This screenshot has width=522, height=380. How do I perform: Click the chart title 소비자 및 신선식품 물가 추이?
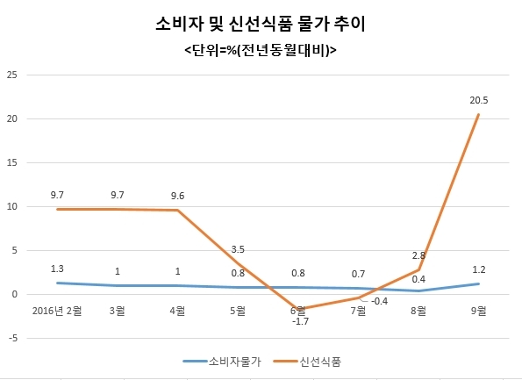coord(261,24)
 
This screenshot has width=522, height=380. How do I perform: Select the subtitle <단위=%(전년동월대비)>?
coord(261,50)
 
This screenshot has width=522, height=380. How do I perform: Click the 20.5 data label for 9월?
coord(479,100)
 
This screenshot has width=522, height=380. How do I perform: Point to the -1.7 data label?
coord(300,322)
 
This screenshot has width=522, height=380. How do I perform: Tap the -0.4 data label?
coord(379,301)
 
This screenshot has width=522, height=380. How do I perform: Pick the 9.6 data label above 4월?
coord(177,197)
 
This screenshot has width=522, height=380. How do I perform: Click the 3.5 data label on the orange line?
coord(238,249)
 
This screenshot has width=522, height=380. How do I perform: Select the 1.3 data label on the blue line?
coord(57,269)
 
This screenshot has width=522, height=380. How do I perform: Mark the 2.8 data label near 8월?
coord(418,255)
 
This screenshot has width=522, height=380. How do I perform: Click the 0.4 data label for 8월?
coord(418,279)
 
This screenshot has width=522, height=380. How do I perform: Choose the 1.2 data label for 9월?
coord(479,269)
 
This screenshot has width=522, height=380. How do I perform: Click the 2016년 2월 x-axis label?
coord(57,311)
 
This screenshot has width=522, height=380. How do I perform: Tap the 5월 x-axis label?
coord(238,311)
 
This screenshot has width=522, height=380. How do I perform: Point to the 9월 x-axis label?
coord(479,311)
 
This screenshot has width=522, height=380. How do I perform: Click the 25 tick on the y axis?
coord(12,75)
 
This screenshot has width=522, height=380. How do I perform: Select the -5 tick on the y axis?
coord(12,339)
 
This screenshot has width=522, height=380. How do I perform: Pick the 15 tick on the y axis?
coord(12,163)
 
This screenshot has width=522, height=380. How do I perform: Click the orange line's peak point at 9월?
coord(478,115)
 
